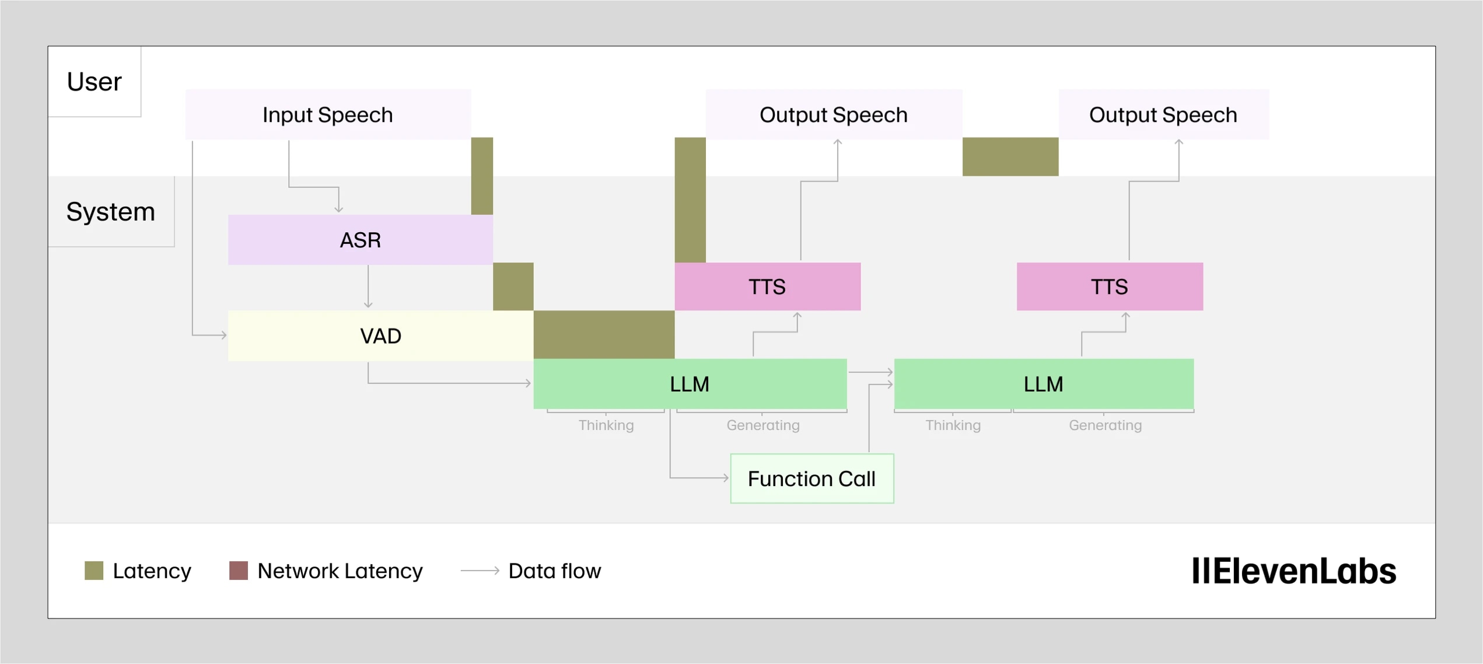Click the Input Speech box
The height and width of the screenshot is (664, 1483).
(328, 114)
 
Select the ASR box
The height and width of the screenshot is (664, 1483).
(360, 240)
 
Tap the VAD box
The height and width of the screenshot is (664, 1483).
(380, 336)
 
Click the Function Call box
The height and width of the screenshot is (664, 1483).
(812, 478)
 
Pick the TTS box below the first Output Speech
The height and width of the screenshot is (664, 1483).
(767, 286)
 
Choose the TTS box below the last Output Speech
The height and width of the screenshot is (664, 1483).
(1109, 286)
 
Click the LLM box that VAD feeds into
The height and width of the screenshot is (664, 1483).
(690, 384)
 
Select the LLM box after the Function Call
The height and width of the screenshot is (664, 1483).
(1043, 384)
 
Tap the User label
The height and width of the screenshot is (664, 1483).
(94, 81)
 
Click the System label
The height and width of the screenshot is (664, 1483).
(110, 211)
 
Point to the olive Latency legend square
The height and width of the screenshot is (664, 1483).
(94, 571)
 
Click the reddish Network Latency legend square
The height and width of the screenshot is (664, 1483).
(239, 571)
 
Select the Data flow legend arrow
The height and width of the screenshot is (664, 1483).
(480, 571)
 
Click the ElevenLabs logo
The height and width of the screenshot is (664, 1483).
(1293, 571)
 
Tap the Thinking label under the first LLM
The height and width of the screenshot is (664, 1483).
(606, 425)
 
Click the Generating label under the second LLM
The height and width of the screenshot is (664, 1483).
(1105, 425)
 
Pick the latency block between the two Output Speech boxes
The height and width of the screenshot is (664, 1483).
(1010, 156)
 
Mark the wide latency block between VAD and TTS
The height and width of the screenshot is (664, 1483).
(604, 334)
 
